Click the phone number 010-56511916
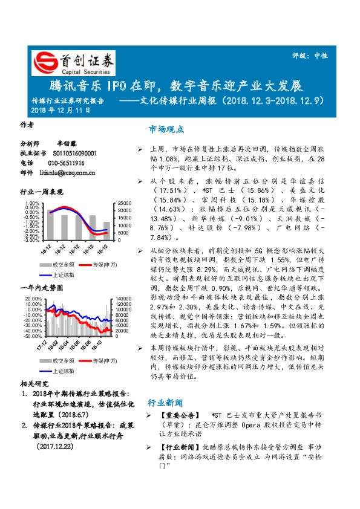[x=66, y=163]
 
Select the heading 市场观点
[x=166, y=129]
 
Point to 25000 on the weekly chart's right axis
[x=125, y=203]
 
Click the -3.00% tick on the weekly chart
[x=32, y=240]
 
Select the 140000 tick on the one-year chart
[x=123, y=299]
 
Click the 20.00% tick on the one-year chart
[x=33, y=299]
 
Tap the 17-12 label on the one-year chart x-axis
[x=44, y=345]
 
